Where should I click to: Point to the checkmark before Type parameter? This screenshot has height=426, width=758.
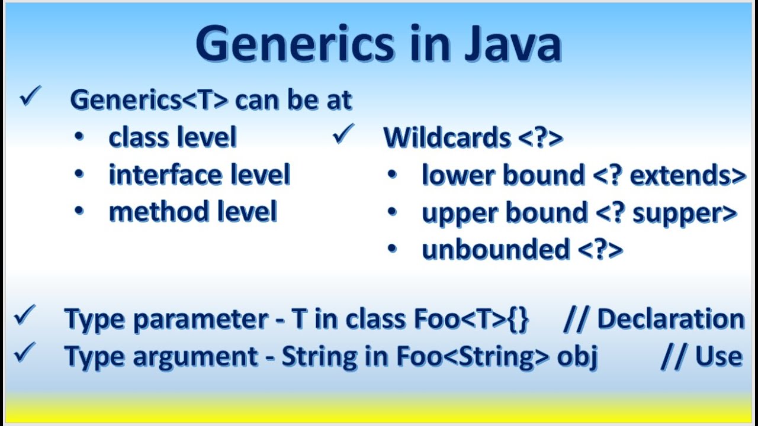25,316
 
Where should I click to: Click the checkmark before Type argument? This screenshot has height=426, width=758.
25,353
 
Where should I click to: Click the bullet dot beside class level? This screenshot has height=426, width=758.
79,138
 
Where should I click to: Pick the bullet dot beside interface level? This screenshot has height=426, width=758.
79,175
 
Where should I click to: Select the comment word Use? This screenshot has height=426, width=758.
719,357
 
